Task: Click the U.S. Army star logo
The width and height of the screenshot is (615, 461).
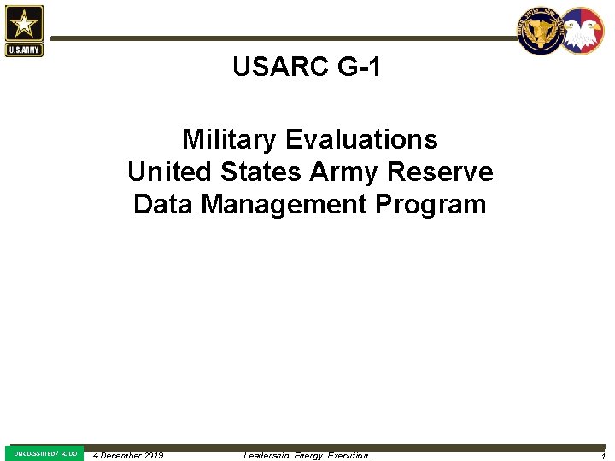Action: (24, 30)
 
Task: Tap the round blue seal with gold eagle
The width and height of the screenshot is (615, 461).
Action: (541, 32)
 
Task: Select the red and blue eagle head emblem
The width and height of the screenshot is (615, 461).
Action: (583, 32)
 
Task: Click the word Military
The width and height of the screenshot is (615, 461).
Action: (229, 139)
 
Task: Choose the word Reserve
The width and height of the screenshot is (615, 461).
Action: (441, 172)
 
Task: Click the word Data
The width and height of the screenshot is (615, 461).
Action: (161, 205)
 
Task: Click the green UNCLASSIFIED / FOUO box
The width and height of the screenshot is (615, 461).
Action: (45, 453)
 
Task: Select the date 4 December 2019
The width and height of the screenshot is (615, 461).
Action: (128, 455)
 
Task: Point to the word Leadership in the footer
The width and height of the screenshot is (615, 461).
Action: (266, 456)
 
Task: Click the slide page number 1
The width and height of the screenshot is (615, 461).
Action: (603, 457)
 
